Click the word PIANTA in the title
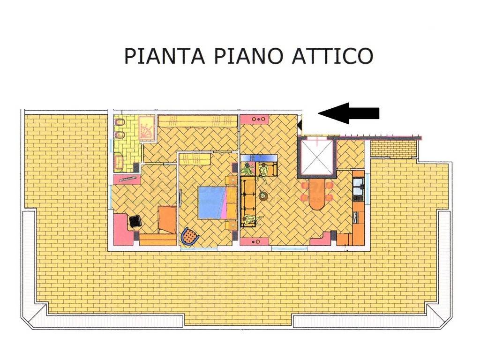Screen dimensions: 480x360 (x=165, y=56)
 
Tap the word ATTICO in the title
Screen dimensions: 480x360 (x=332, y=56)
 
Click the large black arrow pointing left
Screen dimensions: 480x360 (x=349, y=113)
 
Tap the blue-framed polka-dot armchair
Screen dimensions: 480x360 (x=189, y=236)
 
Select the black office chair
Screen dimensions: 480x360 (x=135, y=221)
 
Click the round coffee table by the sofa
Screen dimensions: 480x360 (x=262, y=195)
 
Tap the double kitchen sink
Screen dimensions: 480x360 (x=358, y=187)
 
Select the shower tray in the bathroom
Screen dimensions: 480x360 (x=148, y=128)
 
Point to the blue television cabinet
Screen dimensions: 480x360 (x=259, y=158)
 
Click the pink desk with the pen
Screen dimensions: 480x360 (x=127, y=180)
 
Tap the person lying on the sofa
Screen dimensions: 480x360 (x=253, y=219)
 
